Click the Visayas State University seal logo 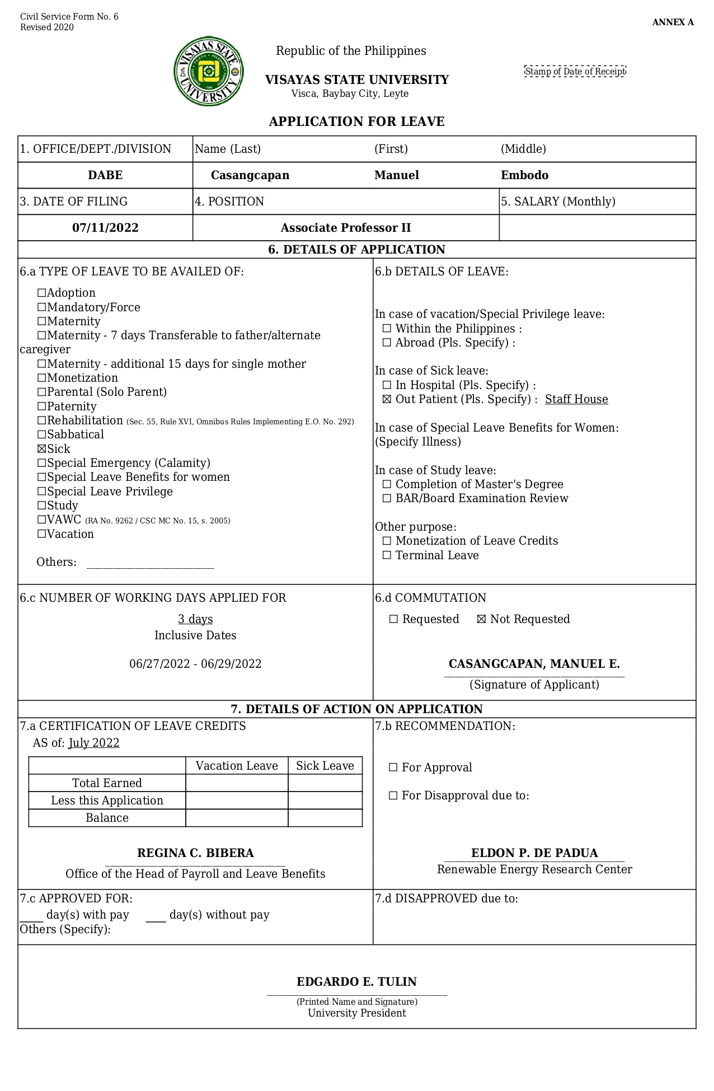click(x=209, y=71)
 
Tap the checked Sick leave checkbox click(x=41, y=449)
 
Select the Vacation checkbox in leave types click(x=41, y=535)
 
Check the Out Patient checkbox click(x=387, y=400)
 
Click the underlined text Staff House click(x=576, y=400)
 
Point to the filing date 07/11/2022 click(x=105, y=228)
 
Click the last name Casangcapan click(x=250, y=175)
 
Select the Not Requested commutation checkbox click(x=481, y=620)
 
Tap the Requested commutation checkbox click(x=393, y=620)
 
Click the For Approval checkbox click(x=393, y=768)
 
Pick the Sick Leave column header click(x=325, y=766)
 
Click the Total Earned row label click(x=107, y=783)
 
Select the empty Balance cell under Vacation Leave click(x=237, y=818)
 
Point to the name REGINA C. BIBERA click(x=195, y=853)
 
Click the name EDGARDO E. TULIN click(x=356, y=982)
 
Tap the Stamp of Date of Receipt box click(x=575, y=72)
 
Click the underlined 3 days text click(x=195, y=619)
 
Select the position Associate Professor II click(x=346, y=228)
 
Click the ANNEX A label click(x=673, y=22)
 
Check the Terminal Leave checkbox click(x=387, y=556)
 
